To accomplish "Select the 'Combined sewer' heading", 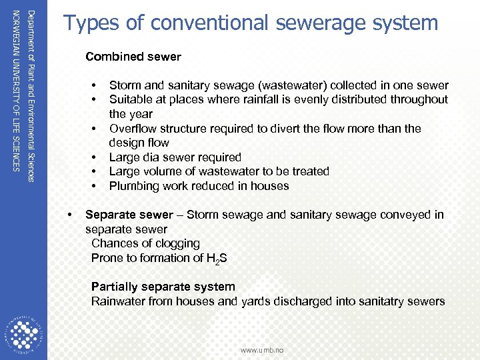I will pos(133,57).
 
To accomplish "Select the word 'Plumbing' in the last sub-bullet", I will pos(134,186).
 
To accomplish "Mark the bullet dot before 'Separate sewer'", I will pos(70,215).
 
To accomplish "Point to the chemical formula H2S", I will pos(216,258).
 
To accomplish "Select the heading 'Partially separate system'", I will pos(163,287).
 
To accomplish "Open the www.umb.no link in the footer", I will pos(262,349).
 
